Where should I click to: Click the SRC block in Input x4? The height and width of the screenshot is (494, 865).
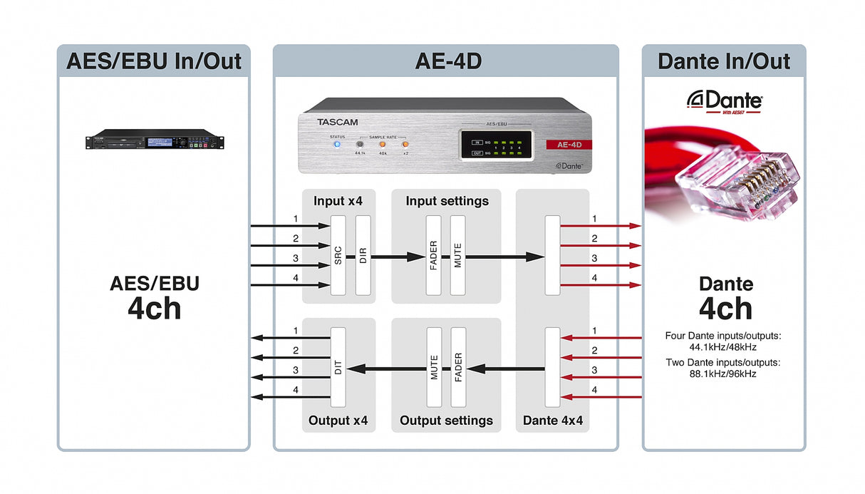pyautogui.click(x=338, y=254)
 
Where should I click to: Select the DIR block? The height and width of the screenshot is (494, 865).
pyautogui.click(x=363, y=254)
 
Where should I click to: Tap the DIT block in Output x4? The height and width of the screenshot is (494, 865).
pyautogui.click(x=338, y=367)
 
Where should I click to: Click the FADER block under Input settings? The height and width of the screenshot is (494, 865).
pyautogui.click(x=433, y=254)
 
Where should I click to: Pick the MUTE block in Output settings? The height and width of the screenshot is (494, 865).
pyautogui.click(x=434, y=367)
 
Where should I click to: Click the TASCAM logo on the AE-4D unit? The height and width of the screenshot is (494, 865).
pyautogui.click(x=337, y=122)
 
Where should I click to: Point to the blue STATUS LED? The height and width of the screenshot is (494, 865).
pyautogui.click(x=336, y=144)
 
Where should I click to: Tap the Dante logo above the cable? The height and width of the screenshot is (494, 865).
pyautogui.click(x=724, y=101)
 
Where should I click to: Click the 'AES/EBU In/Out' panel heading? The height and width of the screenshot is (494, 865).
pyautogui.click(x=154, y=61)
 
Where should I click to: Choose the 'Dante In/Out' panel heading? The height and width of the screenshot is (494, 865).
pyautogui.click(x=724, y=61)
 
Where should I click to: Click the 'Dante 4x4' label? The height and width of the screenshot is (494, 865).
pyautogui.click(x=552, y=421)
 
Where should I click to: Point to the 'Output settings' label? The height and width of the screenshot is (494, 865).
pyautogui.click(x=446, y=421)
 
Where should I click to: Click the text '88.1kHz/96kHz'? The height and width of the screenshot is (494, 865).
pyautogui.click(x=723, y=374)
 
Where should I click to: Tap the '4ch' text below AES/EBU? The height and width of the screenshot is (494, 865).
pyautogui.click(x=154, y=309)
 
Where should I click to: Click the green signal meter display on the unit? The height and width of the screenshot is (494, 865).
pyautogui.click(x=494, y=148)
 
